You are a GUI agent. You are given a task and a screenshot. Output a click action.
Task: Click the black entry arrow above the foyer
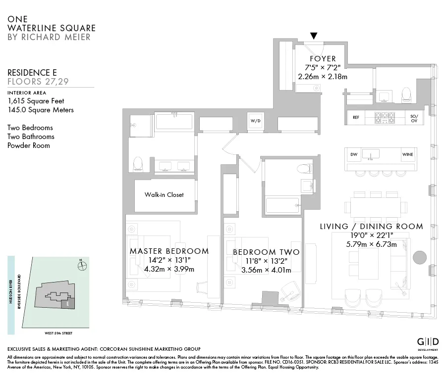click(x=314, y=36)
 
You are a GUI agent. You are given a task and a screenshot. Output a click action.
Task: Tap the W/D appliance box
click(x=255, y=120)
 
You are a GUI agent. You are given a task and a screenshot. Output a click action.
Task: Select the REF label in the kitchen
click(x=356, y=118)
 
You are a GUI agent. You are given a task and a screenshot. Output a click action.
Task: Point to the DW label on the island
click(x=354, y=155)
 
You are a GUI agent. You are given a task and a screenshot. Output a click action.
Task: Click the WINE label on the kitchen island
click(x=407, y=155)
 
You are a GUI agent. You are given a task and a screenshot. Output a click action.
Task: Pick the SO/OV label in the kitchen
click(x=414, y=118)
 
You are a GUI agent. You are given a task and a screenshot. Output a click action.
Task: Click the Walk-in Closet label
click(x=164, y=195)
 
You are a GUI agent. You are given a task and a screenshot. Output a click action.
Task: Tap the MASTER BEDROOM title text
click(x=169, y=251)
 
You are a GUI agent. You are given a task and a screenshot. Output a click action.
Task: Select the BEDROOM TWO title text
click(x=266, y=252)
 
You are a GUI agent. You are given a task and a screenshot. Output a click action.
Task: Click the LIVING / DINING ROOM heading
click(x=371, y=227)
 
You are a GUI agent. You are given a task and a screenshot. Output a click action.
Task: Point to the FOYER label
click(x=323, y=59)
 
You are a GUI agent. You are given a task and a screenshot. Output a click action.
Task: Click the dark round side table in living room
click(x=419, y=257)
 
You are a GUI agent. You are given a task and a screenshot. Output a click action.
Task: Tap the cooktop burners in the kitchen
click(x=385, y=118)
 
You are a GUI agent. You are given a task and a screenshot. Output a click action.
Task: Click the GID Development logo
click(x=428, y=343)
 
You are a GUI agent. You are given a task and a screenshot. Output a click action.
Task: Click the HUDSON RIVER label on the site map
click(x=11, y=295)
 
